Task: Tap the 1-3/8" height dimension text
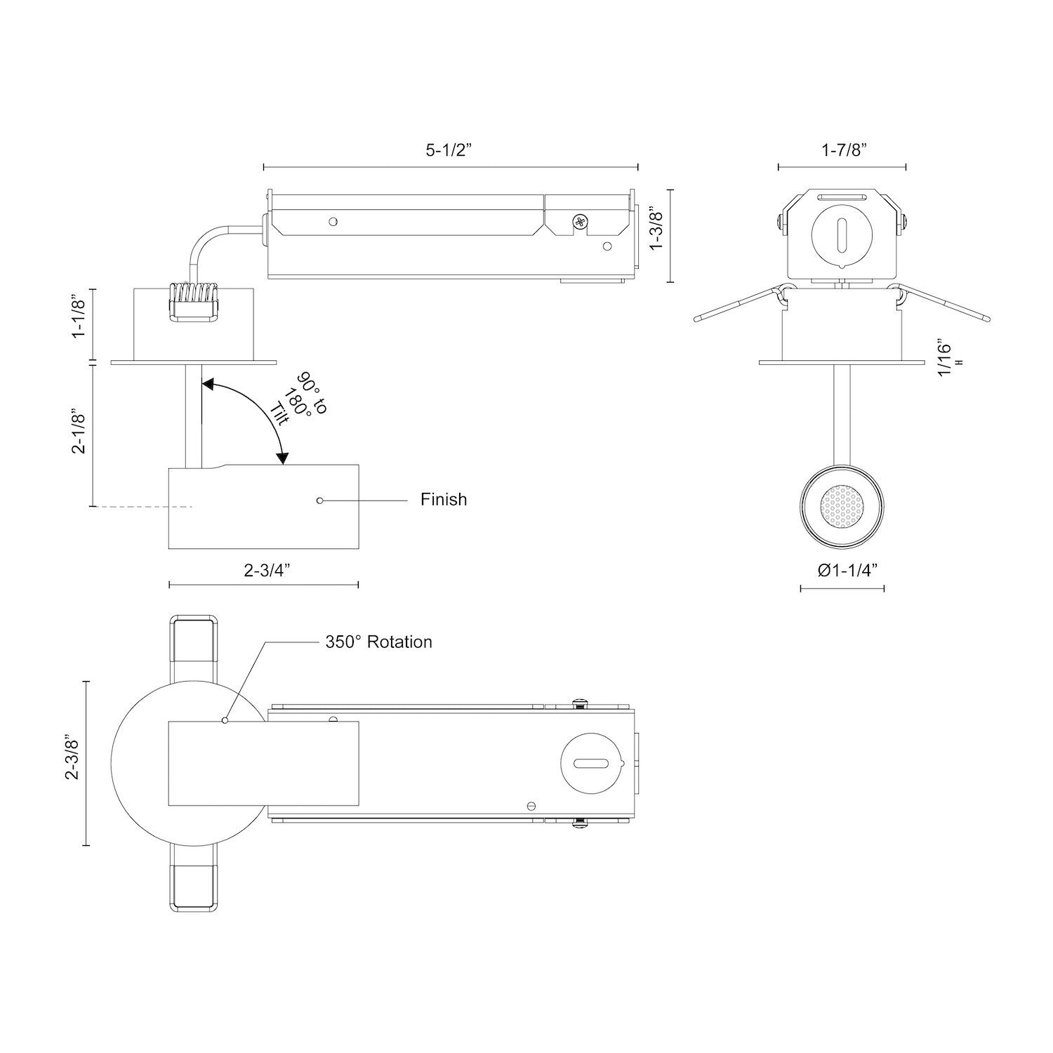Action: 656,228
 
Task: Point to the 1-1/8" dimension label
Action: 79,317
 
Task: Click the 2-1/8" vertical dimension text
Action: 79,432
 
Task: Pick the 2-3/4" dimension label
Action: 267,570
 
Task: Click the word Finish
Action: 444,499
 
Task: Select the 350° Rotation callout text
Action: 378,642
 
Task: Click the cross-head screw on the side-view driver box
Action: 580,223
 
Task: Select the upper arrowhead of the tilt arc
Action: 208,383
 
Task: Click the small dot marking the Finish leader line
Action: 319,501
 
